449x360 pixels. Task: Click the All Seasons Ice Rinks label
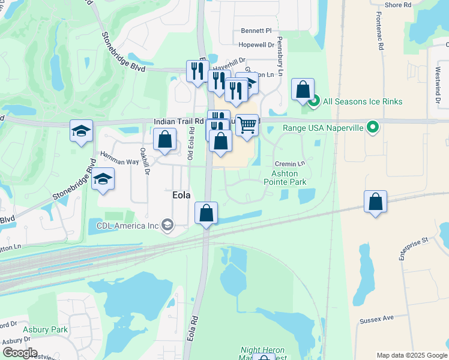[363, 102]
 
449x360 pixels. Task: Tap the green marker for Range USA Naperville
[373, 127]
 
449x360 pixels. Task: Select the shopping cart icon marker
[247, 125]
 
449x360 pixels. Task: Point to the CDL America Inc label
[128, 226]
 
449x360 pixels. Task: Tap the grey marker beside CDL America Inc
[167, 226]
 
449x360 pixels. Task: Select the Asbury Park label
[45, 329]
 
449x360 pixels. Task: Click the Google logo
[20, 353]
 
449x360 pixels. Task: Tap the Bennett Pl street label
[256, 31]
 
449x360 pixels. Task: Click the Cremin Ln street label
[290, 163]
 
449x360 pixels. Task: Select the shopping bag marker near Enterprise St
[375, 202]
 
